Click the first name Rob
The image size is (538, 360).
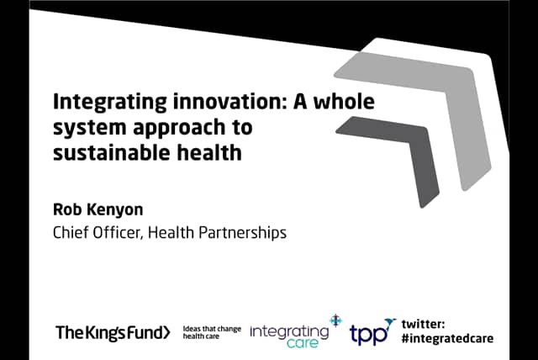point(68,208)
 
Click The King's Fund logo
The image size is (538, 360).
point(113,332)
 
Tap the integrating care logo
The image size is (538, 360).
point(291,331)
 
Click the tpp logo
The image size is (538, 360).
point(371,332)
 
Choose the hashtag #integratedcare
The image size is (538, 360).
point(447,338)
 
